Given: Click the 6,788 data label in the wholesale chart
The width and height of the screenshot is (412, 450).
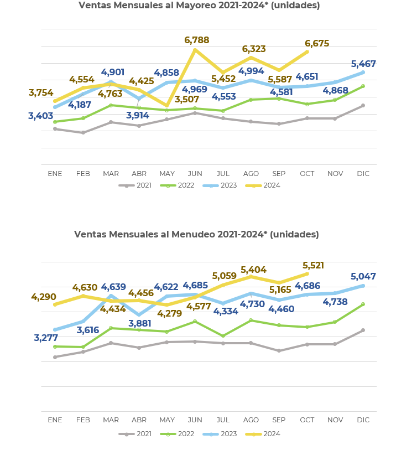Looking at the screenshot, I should click(x=196, y=40).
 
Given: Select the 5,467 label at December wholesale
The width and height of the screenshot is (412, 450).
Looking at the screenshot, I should click(x=363, y=64).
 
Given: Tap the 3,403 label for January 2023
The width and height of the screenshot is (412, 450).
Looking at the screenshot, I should click(x=41, y=116).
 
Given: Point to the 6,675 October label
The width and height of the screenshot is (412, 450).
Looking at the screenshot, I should click(x=317, y=44).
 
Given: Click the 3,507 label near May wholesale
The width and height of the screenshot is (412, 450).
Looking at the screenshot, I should click(x=187, y=100).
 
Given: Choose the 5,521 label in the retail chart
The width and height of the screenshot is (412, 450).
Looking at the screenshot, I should click(x=313, y=266).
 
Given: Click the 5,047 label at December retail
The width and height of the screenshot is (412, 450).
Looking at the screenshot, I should click(x=363, y=277).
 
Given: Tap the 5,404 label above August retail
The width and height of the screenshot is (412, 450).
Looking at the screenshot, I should click(x=253, y=270).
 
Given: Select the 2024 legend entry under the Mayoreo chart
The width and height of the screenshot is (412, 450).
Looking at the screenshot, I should click(x=272, y=185).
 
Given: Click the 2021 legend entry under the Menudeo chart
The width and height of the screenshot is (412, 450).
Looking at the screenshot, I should click(x=144, y=434).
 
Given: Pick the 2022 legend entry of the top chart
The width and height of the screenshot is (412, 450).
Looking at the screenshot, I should click(x=186, y=185).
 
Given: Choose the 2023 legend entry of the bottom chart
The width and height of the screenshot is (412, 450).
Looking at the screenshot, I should click(x=228, y=434).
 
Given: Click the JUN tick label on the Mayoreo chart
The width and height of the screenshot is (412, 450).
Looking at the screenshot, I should click(x=195, y=174).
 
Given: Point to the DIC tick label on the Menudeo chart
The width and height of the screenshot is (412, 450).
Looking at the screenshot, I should click(x=363, y=420).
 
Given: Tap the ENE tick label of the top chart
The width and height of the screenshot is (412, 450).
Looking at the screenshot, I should click(x=55, y=174).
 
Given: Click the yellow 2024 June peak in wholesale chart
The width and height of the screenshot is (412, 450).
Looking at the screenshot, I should click(x=195, y=50).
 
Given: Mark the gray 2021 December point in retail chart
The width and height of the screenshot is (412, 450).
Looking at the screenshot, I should click(x=363, y=330).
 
